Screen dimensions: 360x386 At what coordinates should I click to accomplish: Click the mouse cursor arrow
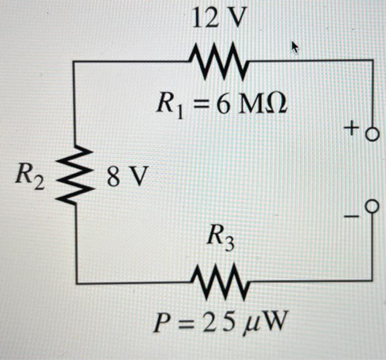[x=296, y=49]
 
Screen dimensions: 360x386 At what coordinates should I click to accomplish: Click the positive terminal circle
[x=373, y=133]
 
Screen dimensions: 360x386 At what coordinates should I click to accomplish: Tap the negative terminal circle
[x=373, y=206]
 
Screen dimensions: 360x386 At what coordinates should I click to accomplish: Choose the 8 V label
[x=127, y=178]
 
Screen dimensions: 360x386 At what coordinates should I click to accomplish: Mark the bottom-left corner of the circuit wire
[x=77, y=283]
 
